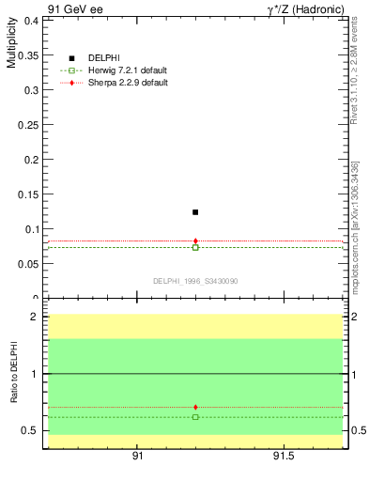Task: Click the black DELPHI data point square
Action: (195, 212)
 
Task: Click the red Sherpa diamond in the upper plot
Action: (195, 241)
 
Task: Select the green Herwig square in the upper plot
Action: (195, 247)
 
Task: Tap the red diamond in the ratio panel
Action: (195, 407)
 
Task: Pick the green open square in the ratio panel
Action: (195, 416)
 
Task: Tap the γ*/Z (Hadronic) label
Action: (305, 8)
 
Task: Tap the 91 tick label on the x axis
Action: (137, 456)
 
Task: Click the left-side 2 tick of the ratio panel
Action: (34, 317)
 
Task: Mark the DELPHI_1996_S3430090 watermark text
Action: (196, 280)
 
